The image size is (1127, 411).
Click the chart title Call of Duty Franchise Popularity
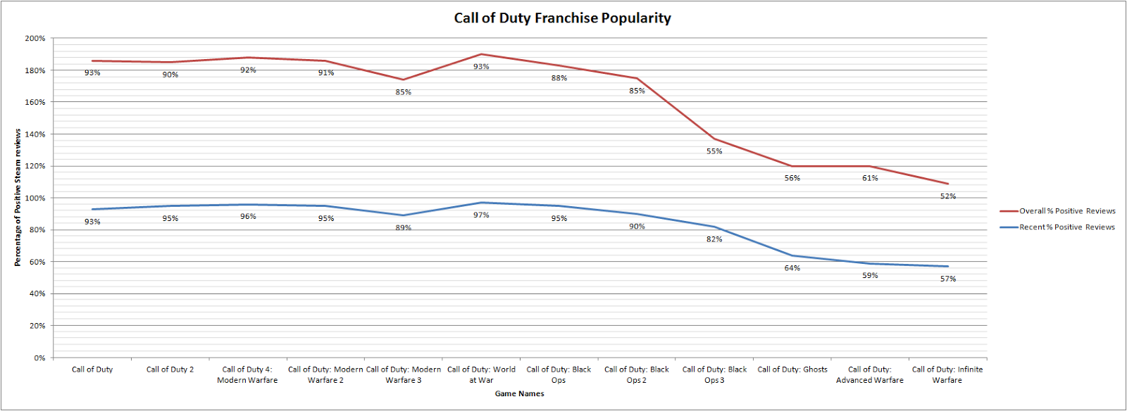[562, 18]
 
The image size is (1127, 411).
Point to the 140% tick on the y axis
[36, 134]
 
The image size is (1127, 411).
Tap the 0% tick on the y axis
[39, 358]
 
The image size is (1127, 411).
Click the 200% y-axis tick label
[36, 39]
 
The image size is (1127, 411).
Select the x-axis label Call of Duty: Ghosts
[792, 369]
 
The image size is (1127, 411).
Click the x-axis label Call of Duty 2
[170, 369]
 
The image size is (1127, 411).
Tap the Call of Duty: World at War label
[481, 374]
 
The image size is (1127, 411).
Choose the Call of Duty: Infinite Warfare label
[947, 374]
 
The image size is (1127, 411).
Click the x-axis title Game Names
[519, 394]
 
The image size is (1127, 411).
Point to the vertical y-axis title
[18, 198]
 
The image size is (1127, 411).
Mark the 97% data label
[481, 215]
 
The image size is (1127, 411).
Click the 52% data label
[948, 196]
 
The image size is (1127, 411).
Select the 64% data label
[792, 268]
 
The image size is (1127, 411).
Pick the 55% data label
[714, 151]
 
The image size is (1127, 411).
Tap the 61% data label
[870, 178]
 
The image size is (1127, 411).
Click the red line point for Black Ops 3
[714, 139]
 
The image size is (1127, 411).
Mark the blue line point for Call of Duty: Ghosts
[792, 255]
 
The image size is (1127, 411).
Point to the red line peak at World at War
[481, 54]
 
